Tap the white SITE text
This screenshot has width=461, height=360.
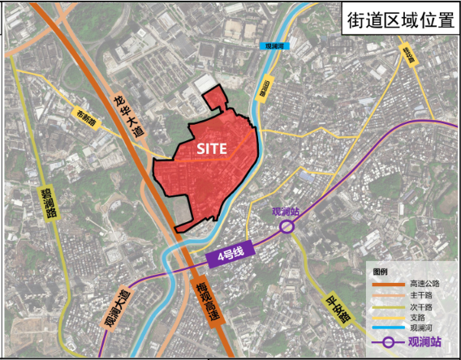pos(212,149)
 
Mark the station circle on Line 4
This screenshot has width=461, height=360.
pos(287,227)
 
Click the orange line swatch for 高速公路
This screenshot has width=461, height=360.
pos(389,284)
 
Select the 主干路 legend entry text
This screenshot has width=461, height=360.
pos(422,295)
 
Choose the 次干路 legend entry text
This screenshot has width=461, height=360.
pos(422,306)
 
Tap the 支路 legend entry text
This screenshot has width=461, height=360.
pos(418,319)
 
